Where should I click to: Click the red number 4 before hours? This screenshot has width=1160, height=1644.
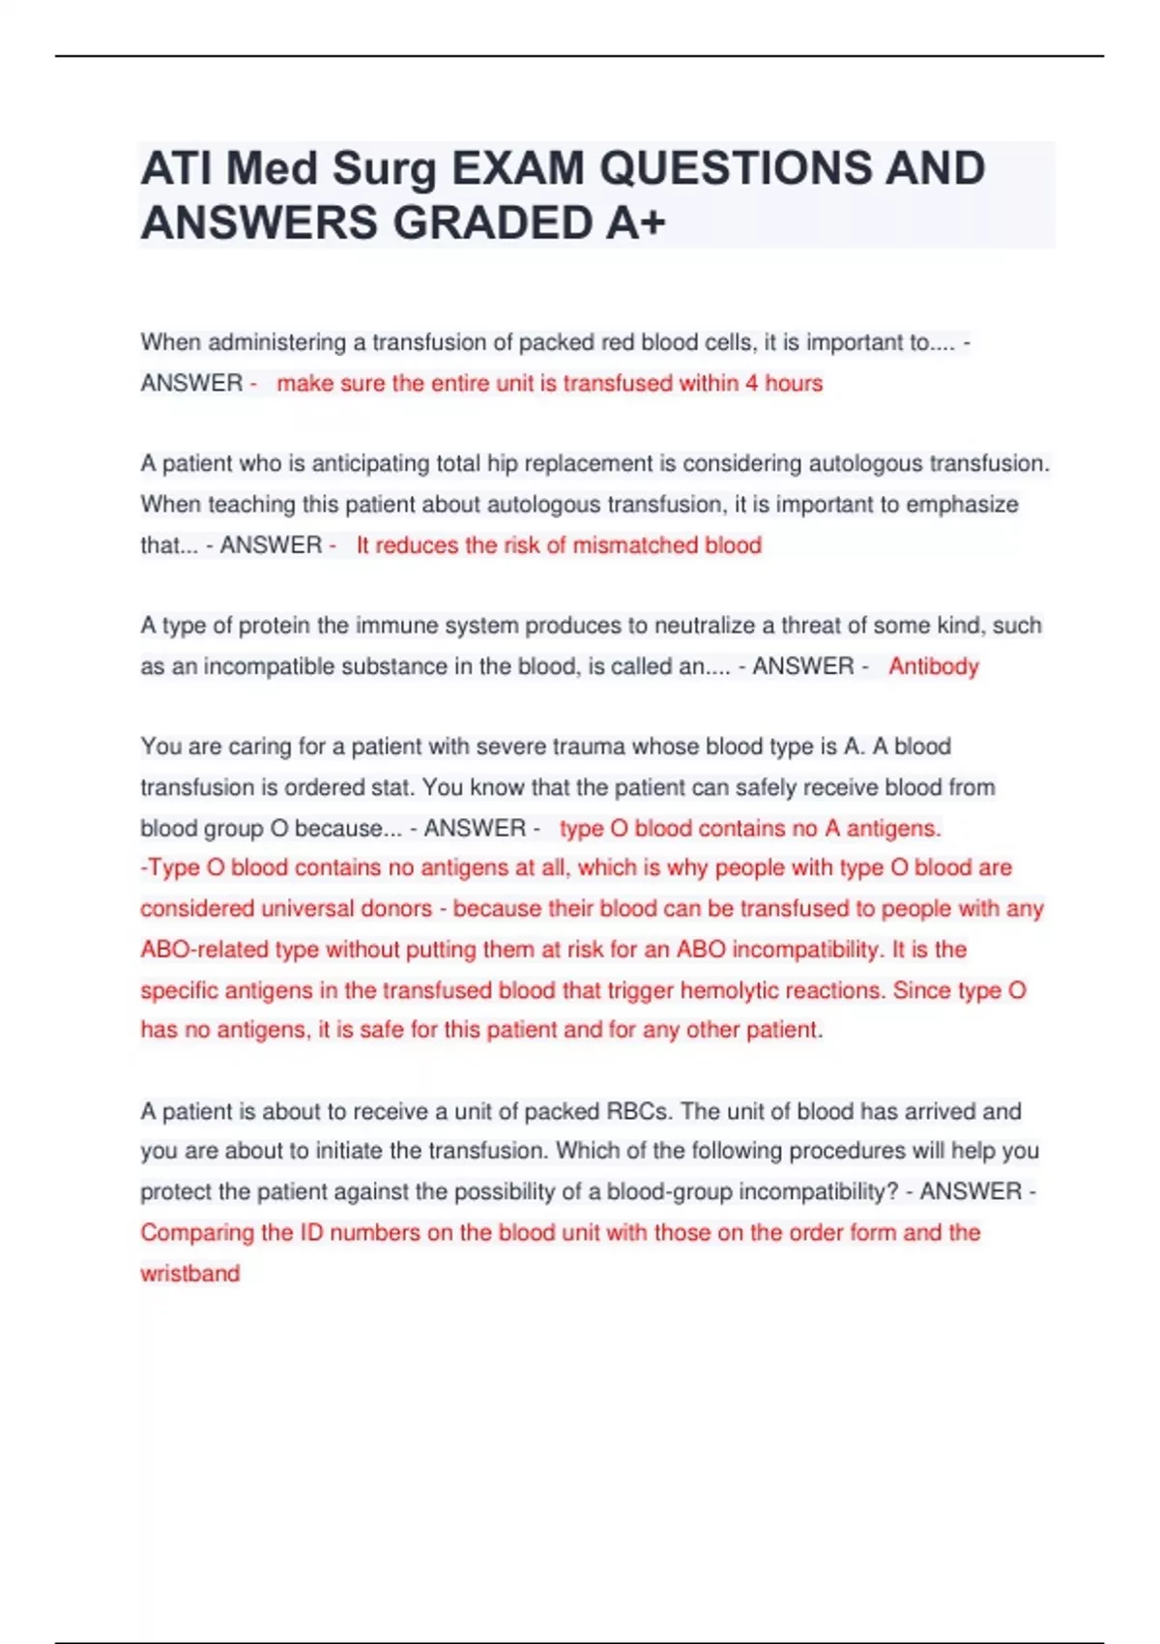pyautogui.click(x=751, y=384)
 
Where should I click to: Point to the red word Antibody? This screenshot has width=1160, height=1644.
pyautogui.click(x=934, y=666)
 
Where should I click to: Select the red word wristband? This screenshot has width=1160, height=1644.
pyautogui.click(x=189, y=1274)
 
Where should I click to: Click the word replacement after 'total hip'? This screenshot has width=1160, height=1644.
pyautogui.click(x=589, y=464)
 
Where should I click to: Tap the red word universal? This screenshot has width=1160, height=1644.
pyautogui.click(x=376, y=909)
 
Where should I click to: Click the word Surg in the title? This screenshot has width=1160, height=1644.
pyautogui.click(x=385, y=169)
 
